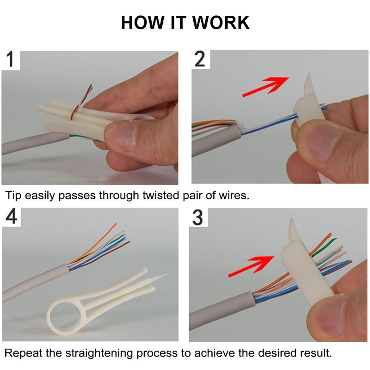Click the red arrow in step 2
[x=265, y=87]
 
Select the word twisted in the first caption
[x=151, y=195]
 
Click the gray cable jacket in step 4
[x=32, y=287]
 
